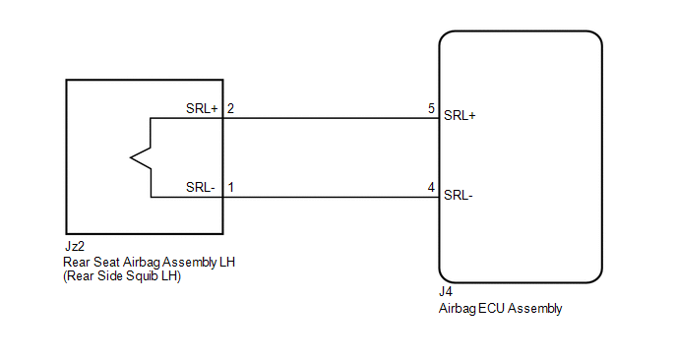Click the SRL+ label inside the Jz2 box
coord(202,108)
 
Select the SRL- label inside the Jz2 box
coord(201,187)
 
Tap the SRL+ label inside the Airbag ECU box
coord(460,116)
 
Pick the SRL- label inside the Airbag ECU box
coord(459,196)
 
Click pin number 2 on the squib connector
coord(230,108)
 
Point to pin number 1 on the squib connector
coord(231,187)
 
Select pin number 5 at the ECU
coord(431,108)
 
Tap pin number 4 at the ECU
coord(431,187)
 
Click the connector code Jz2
coord(74,247)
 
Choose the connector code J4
coord(446,292)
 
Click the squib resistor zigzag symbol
coord(141,158)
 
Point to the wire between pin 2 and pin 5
coord(332,118)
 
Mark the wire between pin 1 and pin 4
coord(332,198)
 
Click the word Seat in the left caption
coord(106,262)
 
